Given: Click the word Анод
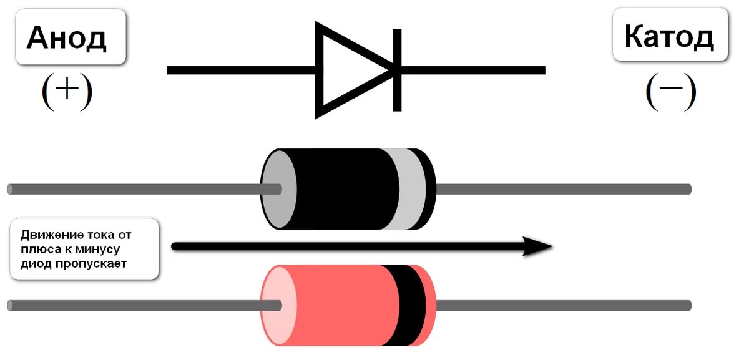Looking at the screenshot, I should click(x=67, y=38).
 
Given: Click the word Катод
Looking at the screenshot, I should click(x=669, y=37).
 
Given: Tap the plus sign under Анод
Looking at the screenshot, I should click(x=67, y=92).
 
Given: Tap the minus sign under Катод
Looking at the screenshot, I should click(x=671, y=90).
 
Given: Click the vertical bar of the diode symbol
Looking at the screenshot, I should click(x=397, y=70).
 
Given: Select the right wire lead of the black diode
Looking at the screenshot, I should click(x=562, y=189).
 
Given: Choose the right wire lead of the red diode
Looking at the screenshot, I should click(x=562, y=305).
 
